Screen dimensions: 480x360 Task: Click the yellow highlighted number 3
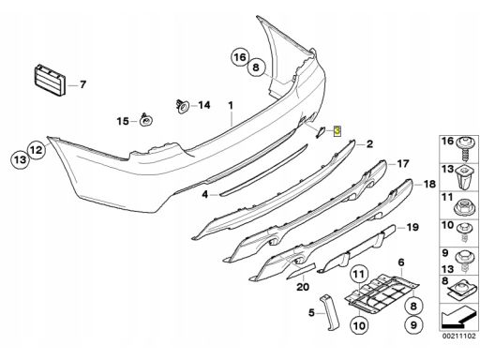coord(337,131)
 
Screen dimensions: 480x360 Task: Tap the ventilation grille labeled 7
coord(51,80)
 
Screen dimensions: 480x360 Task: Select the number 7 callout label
coord(82,84)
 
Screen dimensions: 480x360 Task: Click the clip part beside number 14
coord(182,106)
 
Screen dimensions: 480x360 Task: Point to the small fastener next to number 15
coord(145,120)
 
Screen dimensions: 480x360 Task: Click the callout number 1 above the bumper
coord(231,106)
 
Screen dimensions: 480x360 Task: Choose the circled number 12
coord(37,150)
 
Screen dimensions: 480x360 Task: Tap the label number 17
coord(403,163)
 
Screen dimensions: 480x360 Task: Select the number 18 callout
coord(429,184)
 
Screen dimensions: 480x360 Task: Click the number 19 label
coord(412,227)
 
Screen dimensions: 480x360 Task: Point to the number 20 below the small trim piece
coord(303,287)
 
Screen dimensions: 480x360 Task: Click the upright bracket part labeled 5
coord(329,312)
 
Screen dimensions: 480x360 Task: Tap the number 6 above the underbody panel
coord(401,262)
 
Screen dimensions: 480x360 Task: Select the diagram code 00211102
coord(458,337)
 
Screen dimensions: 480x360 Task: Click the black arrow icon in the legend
coord(457,318)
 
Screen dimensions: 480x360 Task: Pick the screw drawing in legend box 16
coord(466,149)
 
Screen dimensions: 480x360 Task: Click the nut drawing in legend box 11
coord(465,207)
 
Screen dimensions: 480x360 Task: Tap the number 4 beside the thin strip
coord(204,194)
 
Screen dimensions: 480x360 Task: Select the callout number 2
coord(369,144)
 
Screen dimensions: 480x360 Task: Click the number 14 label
coord(204,105)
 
